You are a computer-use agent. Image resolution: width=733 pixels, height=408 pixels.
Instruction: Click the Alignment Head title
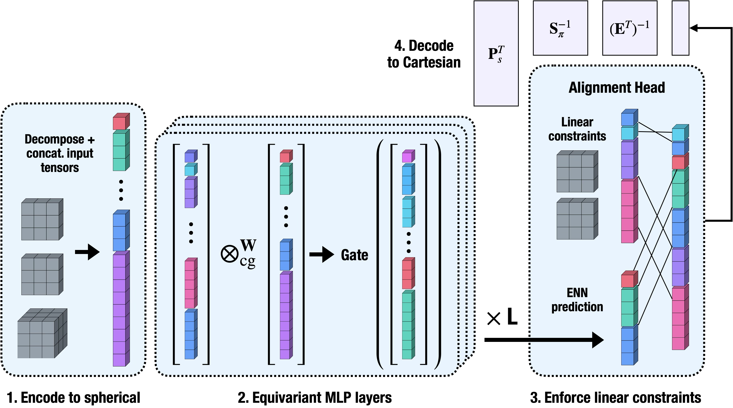tap(616, 87)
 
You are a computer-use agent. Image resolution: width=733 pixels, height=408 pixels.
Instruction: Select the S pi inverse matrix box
tap(560, 28)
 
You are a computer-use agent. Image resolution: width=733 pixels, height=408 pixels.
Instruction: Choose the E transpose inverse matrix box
tap(629, 28)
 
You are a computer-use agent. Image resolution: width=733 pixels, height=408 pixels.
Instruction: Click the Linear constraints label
tap(577, 129)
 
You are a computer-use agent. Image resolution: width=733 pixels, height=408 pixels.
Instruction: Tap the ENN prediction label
tap(577, 300)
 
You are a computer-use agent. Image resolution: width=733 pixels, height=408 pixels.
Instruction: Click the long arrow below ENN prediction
tap(566, 340)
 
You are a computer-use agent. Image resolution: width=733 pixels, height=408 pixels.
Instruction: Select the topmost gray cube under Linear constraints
tap(577, 172)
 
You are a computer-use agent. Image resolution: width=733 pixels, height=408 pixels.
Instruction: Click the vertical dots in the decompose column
tap(121, 190)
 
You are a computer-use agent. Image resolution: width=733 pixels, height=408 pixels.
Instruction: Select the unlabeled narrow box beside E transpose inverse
tap(680, 28)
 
